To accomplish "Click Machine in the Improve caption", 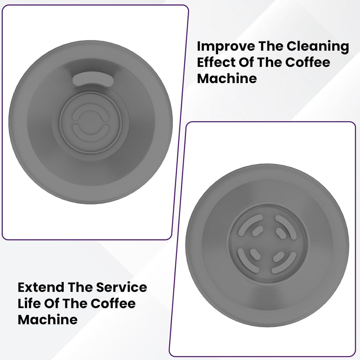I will [x=227, y=78].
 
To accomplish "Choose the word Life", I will [x=28, y=304].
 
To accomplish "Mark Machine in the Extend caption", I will [x=47, y=320].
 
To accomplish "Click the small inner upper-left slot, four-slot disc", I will [x=256, y=232].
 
